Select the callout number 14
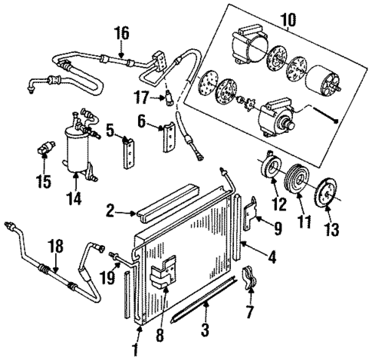[74, 198]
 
